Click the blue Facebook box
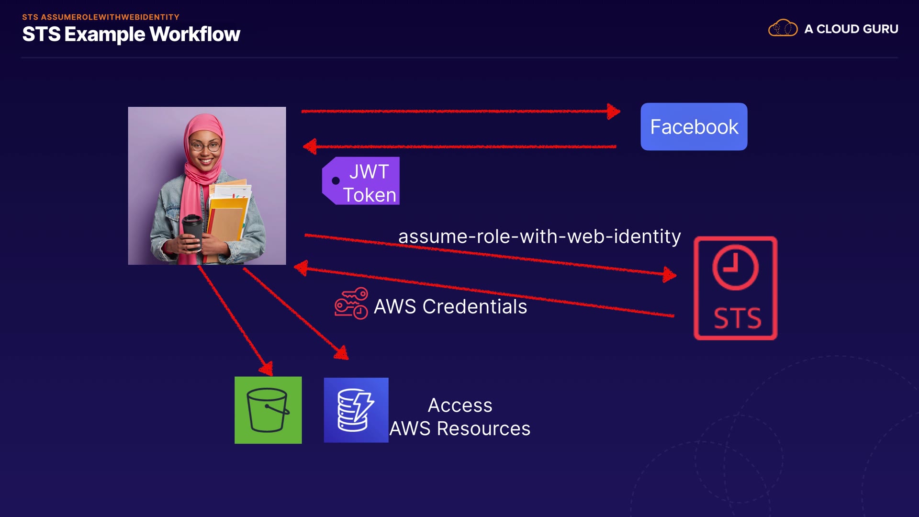click(694, 127)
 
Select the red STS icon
click(735, 288)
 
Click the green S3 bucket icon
click(268, 410)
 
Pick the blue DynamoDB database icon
click(356, 410)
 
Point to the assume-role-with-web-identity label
click(539, 236)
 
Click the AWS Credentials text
click(450, 307)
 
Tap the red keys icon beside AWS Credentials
click(351, 303)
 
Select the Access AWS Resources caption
click(459, 417)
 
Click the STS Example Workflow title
click(131, 34)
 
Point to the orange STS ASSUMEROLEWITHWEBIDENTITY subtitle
click(101, 17)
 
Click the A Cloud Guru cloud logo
click(783, 28)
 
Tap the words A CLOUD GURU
click(851, 29)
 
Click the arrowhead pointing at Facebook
click(613, 112)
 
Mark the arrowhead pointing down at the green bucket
click(266, 368)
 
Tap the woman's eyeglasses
click(205, 146)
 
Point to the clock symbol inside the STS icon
click(735, 267)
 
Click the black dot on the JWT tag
click(336, 181)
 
